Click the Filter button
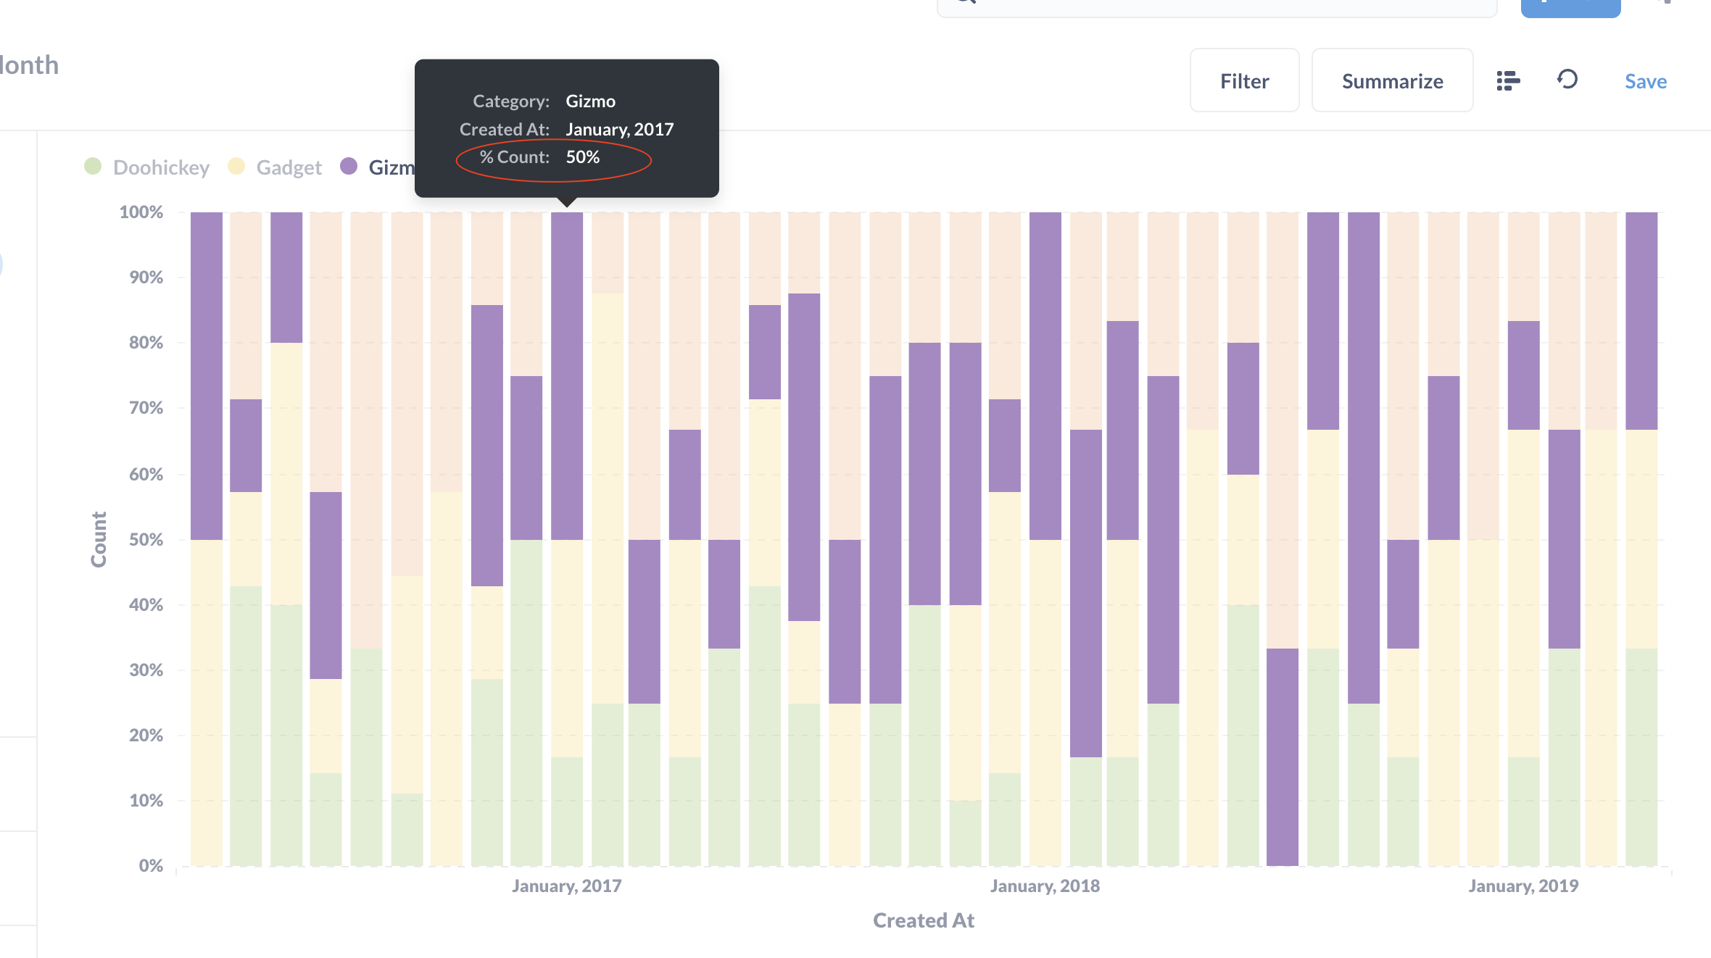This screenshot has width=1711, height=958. pyautogui.click(x=1244, y=81)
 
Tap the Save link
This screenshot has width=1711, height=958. pyautogui.click(x=1645, y=81)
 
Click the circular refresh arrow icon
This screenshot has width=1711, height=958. pyautogui.click(x=1567, y=79)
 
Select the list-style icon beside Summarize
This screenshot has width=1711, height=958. pyautogui.click(x=1508, y=80)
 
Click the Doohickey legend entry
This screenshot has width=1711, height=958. pyautogui.click(x=160, y=167)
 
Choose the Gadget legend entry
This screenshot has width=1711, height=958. pyautogui.click(x=288, y=167)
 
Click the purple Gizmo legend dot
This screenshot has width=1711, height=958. pyautogui.click(x=349, y=167)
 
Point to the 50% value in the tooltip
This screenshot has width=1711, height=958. pyautogui.click(x=582, y=157)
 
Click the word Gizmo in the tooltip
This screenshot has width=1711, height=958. pyautogui.click(x=590, y=101)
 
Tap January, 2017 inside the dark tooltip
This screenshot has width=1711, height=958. pyautogui.click(x=619, y=130)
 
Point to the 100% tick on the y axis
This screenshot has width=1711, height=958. pyautogui.click(x=141, y=212)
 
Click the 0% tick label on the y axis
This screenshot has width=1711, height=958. pyautogui.click(x=151, y=865)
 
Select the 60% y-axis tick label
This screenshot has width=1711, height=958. pyautogui.click(x=146, y=474)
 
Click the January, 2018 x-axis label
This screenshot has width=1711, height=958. pyautogui.click(x=1045, y=886)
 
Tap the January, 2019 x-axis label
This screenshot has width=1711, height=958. pyautogui.click(x=1523, y=886)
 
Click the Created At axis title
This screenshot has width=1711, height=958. pyautogui.click(x=923, y=920)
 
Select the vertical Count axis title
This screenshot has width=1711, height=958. pyautogui.click(x=99, y=539)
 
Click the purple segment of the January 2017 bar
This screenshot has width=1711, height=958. pyautogui.click(x=566, y=377)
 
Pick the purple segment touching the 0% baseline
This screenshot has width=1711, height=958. pyautogui.click(x=1282, y=757)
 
